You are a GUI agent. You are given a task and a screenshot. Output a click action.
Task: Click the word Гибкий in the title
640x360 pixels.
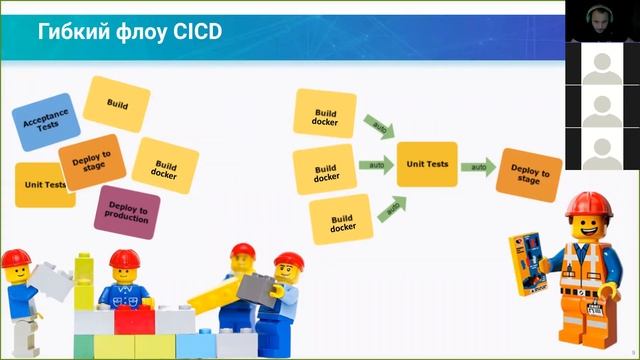pyautogui.click(x=72, y=32)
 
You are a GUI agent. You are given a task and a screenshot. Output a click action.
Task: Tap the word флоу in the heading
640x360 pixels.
pyautogui.click(x=141, y=32)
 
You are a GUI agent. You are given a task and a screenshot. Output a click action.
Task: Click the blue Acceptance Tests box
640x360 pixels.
pyautogui.click(x=44, y=123)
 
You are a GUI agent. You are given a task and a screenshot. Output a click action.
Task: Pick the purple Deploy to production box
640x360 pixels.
pyautogui.click(x=127, y=211)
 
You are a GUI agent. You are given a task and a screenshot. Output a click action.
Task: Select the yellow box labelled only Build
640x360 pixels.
pyautogui.click(x=116, y=104)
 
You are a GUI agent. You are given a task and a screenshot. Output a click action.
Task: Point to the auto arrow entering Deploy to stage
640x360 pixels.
pyautogui.click(x=479, y=166)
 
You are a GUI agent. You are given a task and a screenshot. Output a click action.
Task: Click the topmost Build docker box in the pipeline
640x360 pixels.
pyautogui.click(x=325, y=112)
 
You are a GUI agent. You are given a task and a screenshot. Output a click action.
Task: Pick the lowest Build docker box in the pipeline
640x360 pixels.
pyautogui.click(x=341, y=220)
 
